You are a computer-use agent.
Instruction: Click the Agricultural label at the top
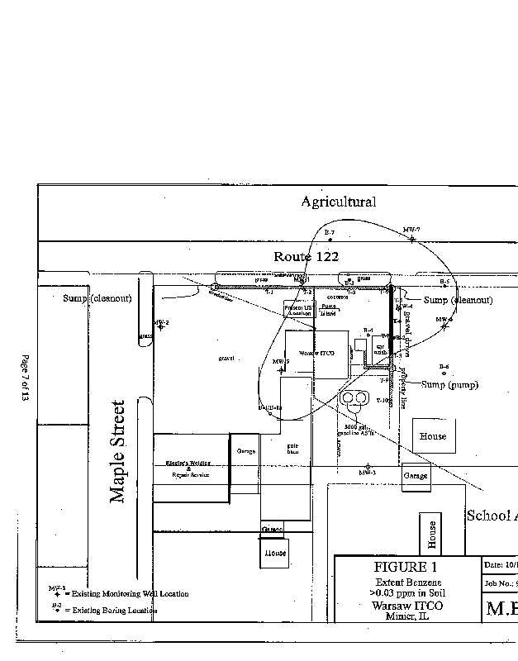pyautogui.click(x=338, y=202)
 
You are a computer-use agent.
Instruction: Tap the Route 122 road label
pyautogui.click(x=307, y=257)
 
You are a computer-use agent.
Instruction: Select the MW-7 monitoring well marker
pyautogui.click(x=411, y=239)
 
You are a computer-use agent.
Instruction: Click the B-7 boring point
pyautogui.click(x=329, y=240)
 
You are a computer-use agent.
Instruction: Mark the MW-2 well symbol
pyautogui.click(x=161, y=327)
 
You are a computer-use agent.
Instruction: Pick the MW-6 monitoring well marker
pyautogui.click(x=444, y=326)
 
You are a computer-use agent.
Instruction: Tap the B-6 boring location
pyautogui.click(x=444, y=373)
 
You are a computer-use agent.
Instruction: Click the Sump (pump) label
pyautogui.click(x=449, y=384)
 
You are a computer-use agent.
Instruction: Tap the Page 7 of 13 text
pyautogui.click(x=25, y=378)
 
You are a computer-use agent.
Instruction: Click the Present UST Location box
pyautogui.click(x=297, y=310)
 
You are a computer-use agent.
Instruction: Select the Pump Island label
pyautogui.click(x=329, y=310)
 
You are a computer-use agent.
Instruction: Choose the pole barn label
pyautogui.click(x=292, y=448)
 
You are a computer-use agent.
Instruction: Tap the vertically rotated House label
pyautogui.click(x=431, y=535)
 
